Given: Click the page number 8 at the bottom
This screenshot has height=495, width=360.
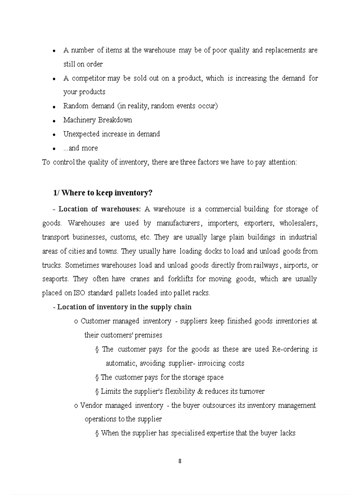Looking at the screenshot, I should coord(180,462).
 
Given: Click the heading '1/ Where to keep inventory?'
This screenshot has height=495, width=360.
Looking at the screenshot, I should coord(103,193).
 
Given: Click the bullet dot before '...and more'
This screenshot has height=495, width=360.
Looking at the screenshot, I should coord(54,149).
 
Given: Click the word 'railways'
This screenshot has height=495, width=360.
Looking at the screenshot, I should coord(266,265).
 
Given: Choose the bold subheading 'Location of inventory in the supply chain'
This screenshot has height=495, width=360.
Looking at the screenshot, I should coord(124,307).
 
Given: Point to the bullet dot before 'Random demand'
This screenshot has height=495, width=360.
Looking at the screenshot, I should coord(54,107).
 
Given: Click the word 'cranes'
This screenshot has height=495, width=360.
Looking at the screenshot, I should coord(139,279).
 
